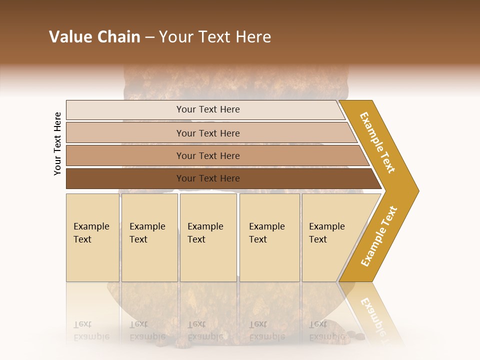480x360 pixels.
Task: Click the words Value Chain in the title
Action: click(94, 37)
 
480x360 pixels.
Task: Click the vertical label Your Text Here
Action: click(57, 143)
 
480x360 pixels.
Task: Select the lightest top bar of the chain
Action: click(125, 110)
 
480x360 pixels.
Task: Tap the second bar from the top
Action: click(125, 133)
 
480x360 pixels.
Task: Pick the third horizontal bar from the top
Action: click(125, 155)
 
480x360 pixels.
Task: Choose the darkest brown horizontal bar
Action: click(125, 178)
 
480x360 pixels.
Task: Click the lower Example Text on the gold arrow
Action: click(379, 236)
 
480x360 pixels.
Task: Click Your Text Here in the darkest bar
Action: click(208, 178)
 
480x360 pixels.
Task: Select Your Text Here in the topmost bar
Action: click(208, 109)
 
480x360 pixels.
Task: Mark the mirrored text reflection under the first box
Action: click(91, 330)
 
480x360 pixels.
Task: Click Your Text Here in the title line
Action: click(215, 37)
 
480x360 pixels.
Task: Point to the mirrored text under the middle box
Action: click(205, 330)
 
